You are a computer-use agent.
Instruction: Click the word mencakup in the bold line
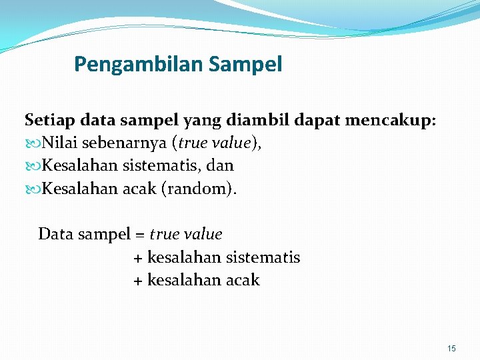[x=393, y=121]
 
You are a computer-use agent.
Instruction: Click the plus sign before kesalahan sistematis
[x=138, y=258]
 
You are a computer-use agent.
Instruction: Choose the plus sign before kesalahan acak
[x=138, y=281]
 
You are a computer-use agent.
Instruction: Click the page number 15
[x=451, y=349]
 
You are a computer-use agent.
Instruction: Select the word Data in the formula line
[x=55, y=235]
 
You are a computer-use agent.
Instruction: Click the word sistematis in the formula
[x=263, y=257]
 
